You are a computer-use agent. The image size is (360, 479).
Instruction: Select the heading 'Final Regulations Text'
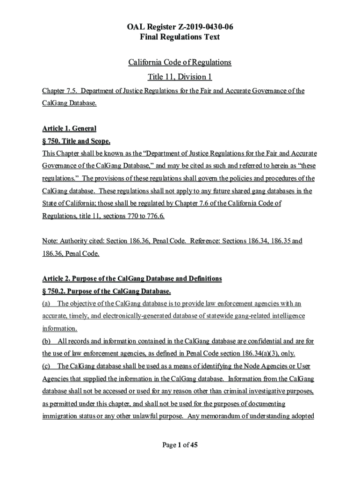tap(180, 37)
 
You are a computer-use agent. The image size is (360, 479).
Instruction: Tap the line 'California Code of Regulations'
tap(180, 62)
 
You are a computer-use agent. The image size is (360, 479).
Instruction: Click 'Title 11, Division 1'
tap(180, 77)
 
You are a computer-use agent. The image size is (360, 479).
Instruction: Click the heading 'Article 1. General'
tap(69, 129)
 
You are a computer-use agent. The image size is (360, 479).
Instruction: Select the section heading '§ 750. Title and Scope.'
tap(76, 141)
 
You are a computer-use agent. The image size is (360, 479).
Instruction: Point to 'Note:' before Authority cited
tap(50, 241)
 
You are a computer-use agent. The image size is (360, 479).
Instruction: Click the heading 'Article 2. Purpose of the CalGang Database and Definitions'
tap(132, 279)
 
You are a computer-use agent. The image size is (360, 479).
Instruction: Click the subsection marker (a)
tap(47, 304)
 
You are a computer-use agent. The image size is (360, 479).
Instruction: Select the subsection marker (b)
tap(47, 341)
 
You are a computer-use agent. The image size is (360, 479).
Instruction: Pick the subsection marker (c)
tap(47, 366)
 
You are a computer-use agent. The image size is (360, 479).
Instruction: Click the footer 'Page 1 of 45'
tap(180, 445)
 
